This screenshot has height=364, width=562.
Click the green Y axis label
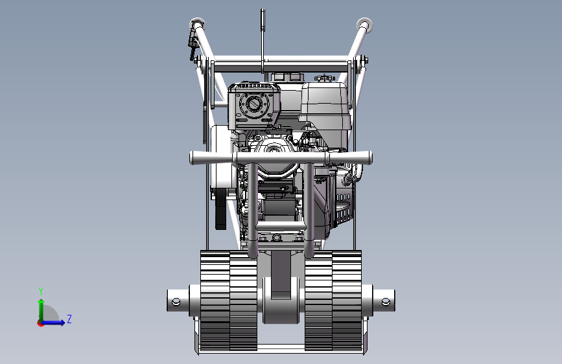coord(41,291)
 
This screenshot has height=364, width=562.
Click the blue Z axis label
coord(69,319)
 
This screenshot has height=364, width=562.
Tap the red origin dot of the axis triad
coord(40,323)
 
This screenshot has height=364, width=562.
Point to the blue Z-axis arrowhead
coord(62,323)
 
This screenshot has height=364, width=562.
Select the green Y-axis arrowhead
coord(41,302)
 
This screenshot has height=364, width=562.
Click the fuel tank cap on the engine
coord(324,78)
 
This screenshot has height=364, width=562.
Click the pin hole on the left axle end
coord(176,302)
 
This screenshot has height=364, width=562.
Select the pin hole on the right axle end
coord(386,302)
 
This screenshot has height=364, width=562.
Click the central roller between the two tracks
coord(281,301)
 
